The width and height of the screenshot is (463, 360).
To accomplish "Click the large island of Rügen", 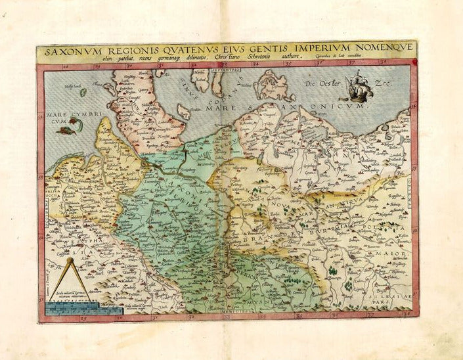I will point(275,85).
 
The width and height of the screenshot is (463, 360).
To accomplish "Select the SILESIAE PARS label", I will point(393,298).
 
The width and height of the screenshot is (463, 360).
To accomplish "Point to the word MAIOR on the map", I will point(391,253).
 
